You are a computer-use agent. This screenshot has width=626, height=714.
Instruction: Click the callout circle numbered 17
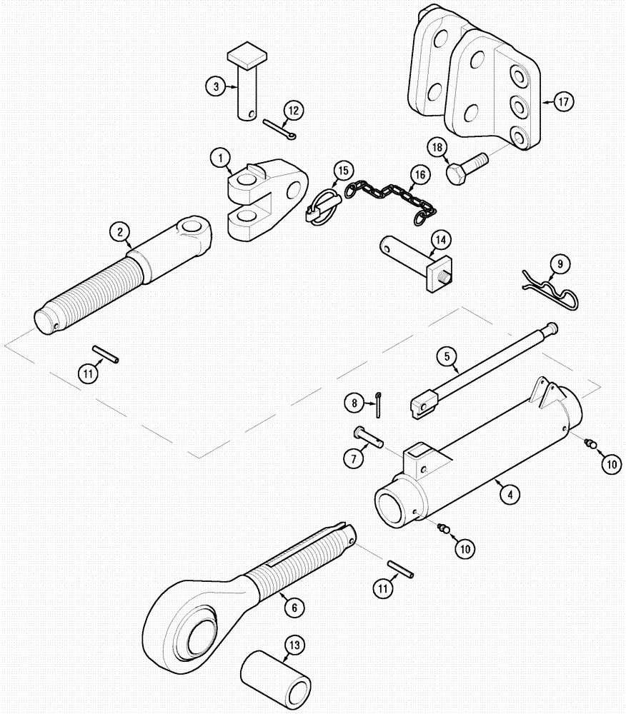point(563,102)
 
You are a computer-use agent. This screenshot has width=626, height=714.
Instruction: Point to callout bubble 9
point(560,265)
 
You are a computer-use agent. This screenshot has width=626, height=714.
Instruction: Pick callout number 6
point(292,608)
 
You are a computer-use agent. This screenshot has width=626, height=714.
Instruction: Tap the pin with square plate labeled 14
point(414,261)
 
